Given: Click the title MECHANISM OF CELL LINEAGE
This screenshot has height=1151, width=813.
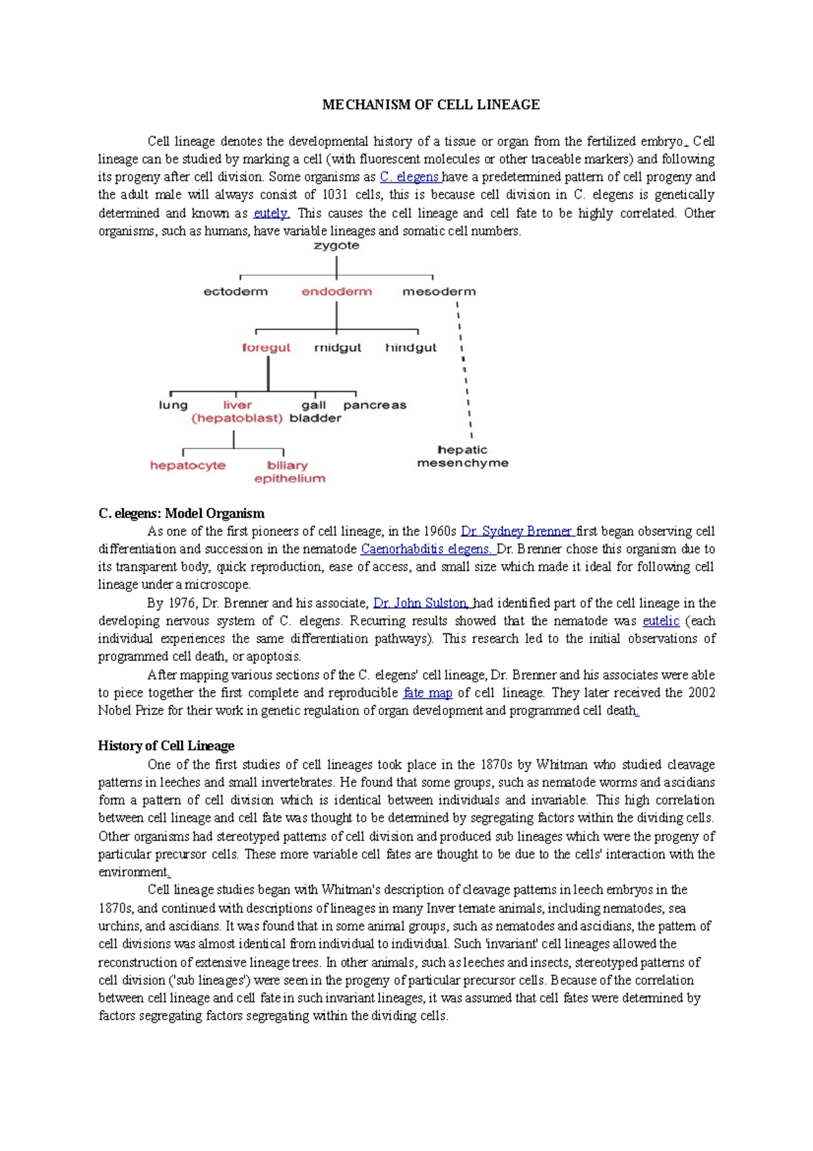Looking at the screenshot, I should click(431, 105).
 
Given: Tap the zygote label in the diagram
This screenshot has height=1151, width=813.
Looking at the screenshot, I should click(336, 246).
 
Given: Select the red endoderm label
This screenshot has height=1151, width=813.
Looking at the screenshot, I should click(337, 291).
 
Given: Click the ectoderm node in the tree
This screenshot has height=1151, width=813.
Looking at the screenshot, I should click(236, 291).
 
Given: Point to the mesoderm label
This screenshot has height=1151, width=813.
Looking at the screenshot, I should click(439, 291).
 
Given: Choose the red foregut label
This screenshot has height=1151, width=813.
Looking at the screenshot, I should click(266, 348).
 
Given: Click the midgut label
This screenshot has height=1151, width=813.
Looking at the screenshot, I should click(337, 348).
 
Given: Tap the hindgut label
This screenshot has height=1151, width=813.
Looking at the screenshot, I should click(411, 348).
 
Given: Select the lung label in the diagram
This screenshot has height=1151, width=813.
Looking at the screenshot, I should click(173, 405).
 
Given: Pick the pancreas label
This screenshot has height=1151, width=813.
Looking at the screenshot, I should click(375, 405).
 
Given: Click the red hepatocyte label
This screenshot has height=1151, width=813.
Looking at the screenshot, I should click(188, 466).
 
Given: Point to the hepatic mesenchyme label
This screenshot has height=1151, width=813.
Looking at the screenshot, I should click(463, 456).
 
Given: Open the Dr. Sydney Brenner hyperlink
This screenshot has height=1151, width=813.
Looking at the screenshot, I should click(517, 531).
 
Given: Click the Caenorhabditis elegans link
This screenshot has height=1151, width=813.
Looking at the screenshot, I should click(427, 549).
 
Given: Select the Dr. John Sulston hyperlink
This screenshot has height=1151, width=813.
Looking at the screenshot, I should click(421, 603).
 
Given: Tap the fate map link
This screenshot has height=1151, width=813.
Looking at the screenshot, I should click(428, 693).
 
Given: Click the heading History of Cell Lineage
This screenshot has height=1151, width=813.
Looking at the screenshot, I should click(166, 746).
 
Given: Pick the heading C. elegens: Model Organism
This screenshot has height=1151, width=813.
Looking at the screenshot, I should click(181, 513).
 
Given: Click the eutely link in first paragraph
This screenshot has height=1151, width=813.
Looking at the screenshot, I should click(271, 213).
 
